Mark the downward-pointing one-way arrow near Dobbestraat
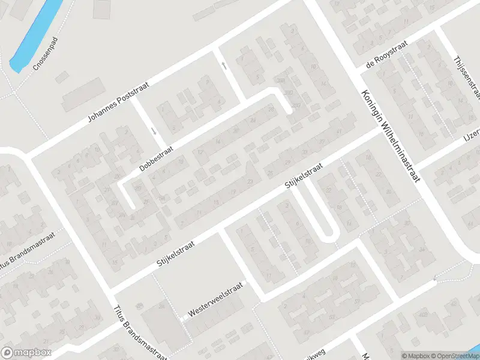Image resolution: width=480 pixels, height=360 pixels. (154, 131)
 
